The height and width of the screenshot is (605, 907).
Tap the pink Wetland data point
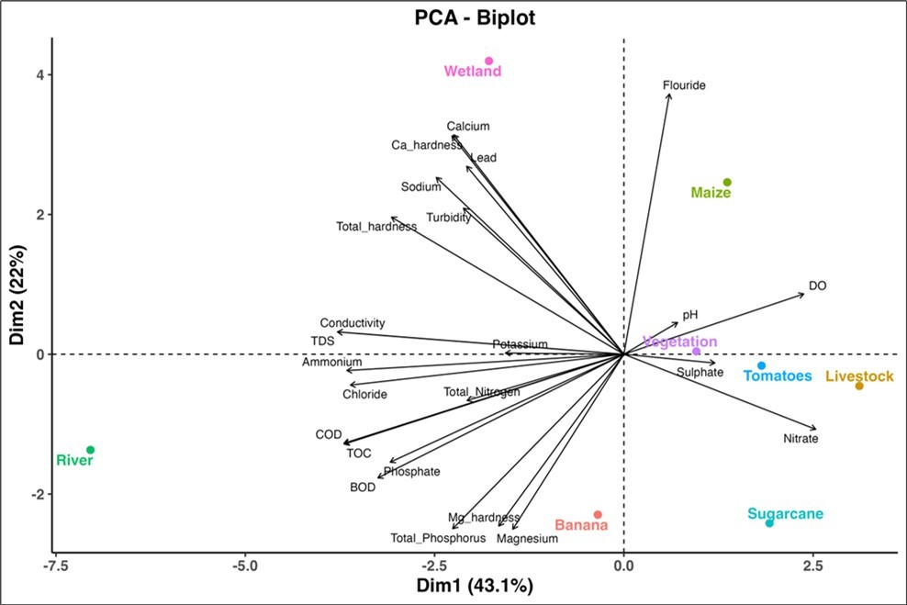pos(488,61)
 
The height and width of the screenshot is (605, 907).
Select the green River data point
pos(90,450)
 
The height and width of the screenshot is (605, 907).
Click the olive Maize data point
pos(727,183)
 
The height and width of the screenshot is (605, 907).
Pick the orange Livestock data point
pos(859,386)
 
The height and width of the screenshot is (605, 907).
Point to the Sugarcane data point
pos(769,522)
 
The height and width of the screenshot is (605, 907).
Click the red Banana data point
pos(598,515)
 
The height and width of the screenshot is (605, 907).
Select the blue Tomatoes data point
pos(761,365)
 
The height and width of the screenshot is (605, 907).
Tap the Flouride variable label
pos(684,85)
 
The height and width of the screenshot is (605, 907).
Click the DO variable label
pos(817,286)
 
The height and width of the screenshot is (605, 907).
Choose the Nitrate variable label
pos(801,439)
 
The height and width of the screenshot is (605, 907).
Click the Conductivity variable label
pos(353,323)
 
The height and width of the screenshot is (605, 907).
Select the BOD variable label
pos(363,487)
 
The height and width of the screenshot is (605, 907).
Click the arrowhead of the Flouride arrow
pos(670,95)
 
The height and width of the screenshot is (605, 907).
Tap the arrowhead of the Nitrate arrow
pos(815,429)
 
